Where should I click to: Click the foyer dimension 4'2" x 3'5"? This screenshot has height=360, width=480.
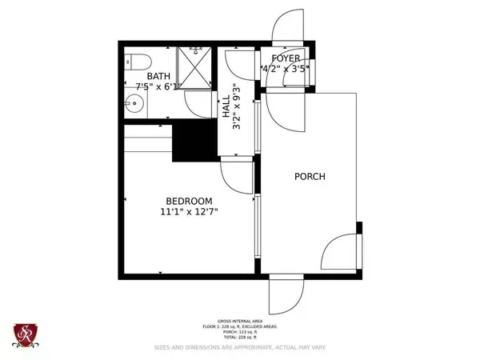coord(286,69)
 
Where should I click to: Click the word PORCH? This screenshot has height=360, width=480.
coord(309,177)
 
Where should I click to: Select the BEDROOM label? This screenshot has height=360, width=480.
coord(189,201)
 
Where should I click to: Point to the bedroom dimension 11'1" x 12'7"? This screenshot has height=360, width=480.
coord(189,212)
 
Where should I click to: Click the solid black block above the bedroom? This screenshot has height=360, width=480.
coord(194,141)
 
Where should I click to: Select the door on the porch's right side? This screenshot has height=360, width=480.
coord(342,250)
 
